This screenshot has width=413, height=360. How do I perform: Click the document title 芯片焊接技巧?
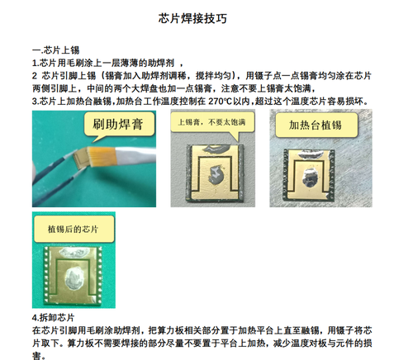pyautogui.click(x=192, y=19)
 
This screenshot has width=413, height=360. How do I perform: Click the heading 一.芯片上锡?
pyautogui.click(x=56, y=50)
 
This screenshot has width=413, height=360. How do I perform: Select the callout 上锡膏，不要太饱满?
pyautogui.click(x=211, y=122)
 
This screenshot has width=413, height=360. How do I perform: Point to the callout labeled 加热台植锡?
pyautogui.click(x=316, y=125)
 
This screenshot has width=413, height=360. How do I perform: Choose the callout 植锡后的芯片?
pyautogui.click(x=74, y=229)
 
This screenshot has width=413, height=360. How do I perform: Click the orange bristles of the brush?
pyautogui.click(x=101, y=156)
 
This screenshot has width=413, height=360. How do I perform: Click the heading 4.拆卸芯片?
pyautogui.click(x=53, y=318)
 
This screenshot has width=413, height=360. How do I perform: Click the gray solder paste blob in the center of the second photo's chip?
pyautogui.click(x=216, y=175)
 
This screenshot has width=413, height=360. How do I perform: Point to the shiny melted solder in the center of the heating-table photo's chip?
pyautogui.click(x=310, y=178)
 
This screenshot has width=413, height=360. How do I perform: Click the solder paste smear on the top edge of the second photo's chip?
pyautogui.click(x=216, y=149)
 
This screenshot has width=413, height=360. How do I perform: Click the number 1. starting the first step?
pyautogui.click(x=36, y=63)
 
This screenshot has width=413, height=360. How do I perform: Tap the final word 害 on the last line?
pyautogui.click(x=36, y=356)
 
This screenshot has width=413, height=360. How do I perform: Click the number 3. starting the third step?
pyautogui.click(x=36, y=102)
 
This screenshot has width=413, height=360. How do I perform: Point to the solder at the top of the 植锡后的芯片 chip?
pyautogui.click(x=74, y=253)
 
